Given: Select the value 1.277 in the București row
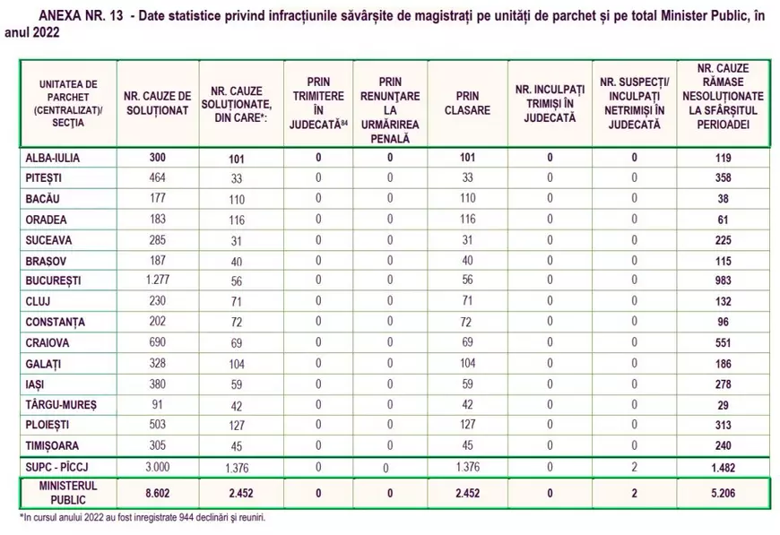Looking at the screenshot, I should point(157,280).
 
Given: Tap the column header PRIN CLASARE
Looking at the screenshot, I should point(467,103).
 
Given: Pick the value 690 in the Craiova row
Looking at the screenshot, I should point(157,342).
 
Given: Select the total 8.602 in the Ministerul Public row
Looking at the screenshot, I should point(157,491).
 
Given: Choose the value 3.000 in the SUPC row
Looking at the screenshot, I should point(157,468).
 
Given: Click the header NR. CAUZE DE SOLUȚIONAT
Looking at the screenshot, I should point(157,103).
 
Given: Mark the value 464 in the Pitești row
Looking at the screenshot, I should point(157,177).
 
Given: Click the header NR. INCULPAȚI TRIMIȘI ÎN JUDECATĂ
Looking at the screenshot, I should point(550,103).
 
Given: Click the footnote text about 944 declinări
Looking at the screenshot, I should point(143,517).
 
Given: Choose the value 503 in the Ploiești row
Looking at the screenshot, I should point(157,425).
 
